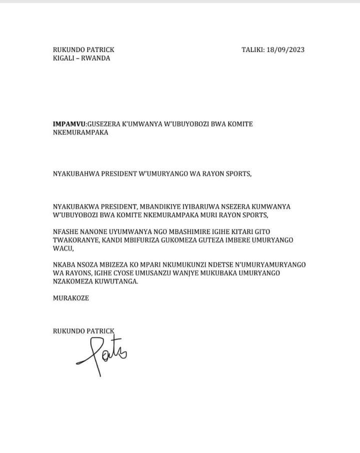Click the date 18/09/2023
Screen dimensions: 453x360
coord(286,49)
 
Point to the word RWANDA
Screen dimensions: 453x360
coord(97,58)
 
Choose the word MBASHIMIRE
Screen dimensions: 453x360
coord(171,232)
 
